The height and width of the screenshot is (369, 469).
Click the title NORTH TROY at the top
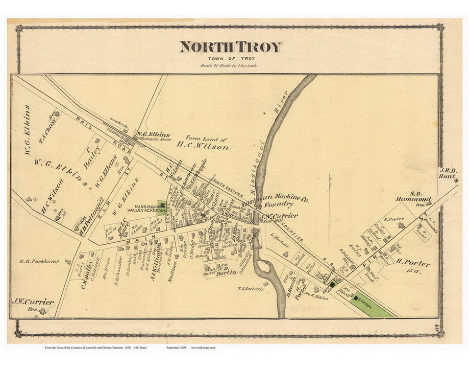click(230, 47)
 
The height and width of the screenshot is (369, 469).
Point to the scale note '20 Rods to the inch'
click(230, 66)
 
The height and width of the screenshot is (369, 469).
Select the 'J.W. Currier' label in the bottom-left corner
click(32, 302)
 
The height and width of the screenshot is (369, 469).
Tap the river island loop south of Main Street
click(266, 266)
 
